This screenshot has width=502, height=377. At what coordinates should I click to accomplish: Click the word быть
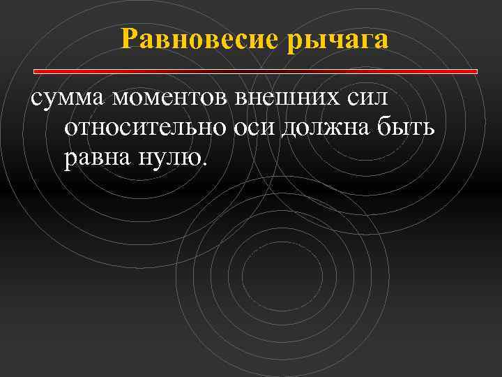(405, 128)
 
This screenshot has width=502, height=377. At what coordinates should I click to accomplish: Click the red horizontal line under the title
(255, 71)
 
